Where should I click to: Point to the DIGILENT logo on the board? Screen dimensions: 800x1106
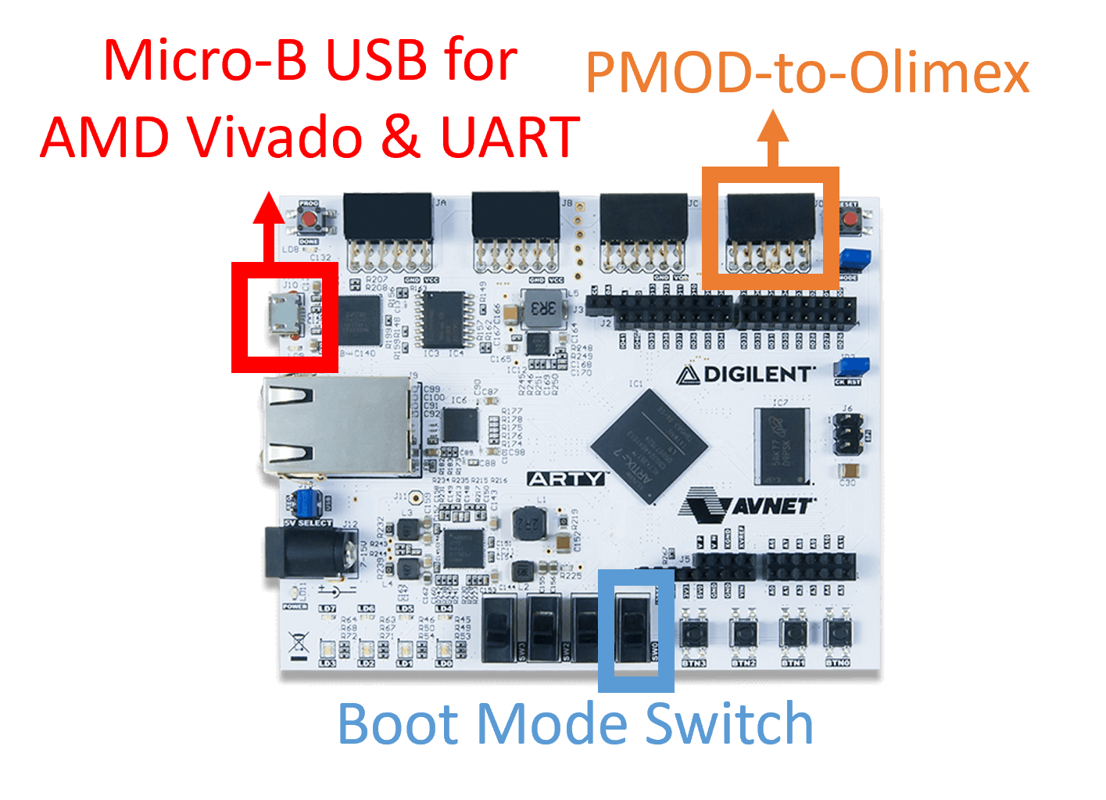pyautogui.click(x=746, y=375)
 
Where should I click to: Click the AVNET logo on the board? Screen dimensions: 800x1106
pyautogui.click(x=747, y=506)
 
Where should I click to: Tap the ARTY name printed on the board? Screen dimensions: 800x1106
pyautogui.click(x=567, y=479)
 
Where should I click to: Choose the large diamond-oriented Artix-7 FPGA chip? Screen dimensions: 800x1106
pyautogui.click(x=648, y=446)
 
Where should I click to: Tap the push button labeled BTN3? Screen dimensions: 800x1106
pyautogui.click(x=693, y=633)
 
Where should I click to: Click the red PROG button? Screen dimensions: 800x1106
pyautogui.click(x=310, y=218)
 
